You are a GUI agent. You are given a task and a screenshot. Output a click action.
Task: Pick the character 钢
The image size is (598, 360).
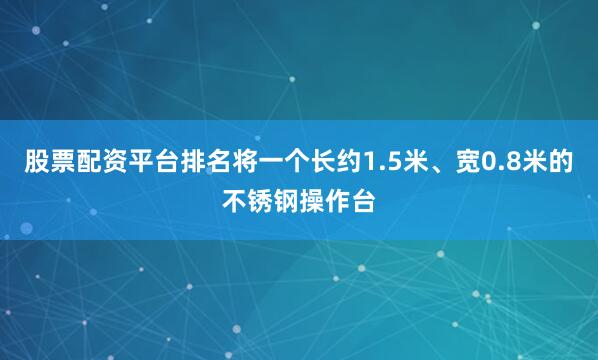click(x=286, y=202)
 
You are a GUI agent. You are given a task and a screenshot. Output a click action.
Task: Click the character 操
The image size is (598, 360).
click(x=312, y=202)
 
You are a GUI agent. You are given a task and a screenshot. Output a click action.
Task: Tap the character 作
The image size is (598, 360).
click(x=338, y=202)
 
